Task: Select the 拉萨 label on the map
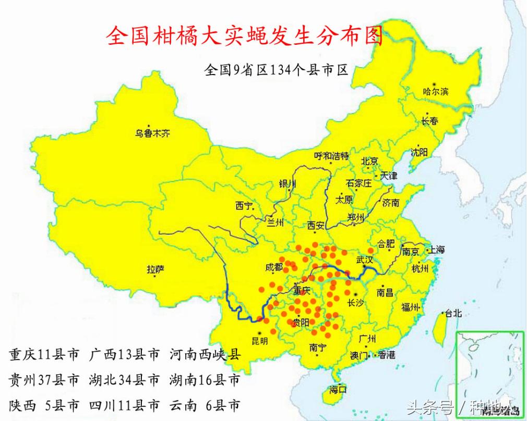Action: (155, 269)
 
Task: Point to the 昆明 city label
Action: (259, 341)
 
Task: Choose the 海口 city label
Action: (338, 389)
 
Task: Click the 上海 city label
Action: (437, 250)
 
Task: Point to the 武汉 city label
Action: (365, 259)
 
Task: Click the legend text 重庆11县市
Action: (44, 355)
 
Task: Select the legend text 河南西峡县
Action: (206, 355)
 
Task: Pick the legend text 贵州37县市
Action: (44, 380)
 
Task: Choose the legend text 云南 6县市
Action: (206, 405)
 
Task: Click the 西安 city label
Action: (316, 225)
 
